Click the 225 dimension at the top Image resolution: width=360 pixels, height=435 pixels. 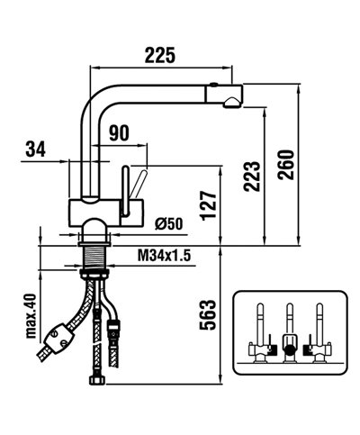161,55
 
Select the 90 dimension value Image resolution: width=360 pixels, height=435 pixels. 118,133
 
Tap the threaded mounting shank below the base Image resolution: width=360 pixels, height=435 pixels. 93,259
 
